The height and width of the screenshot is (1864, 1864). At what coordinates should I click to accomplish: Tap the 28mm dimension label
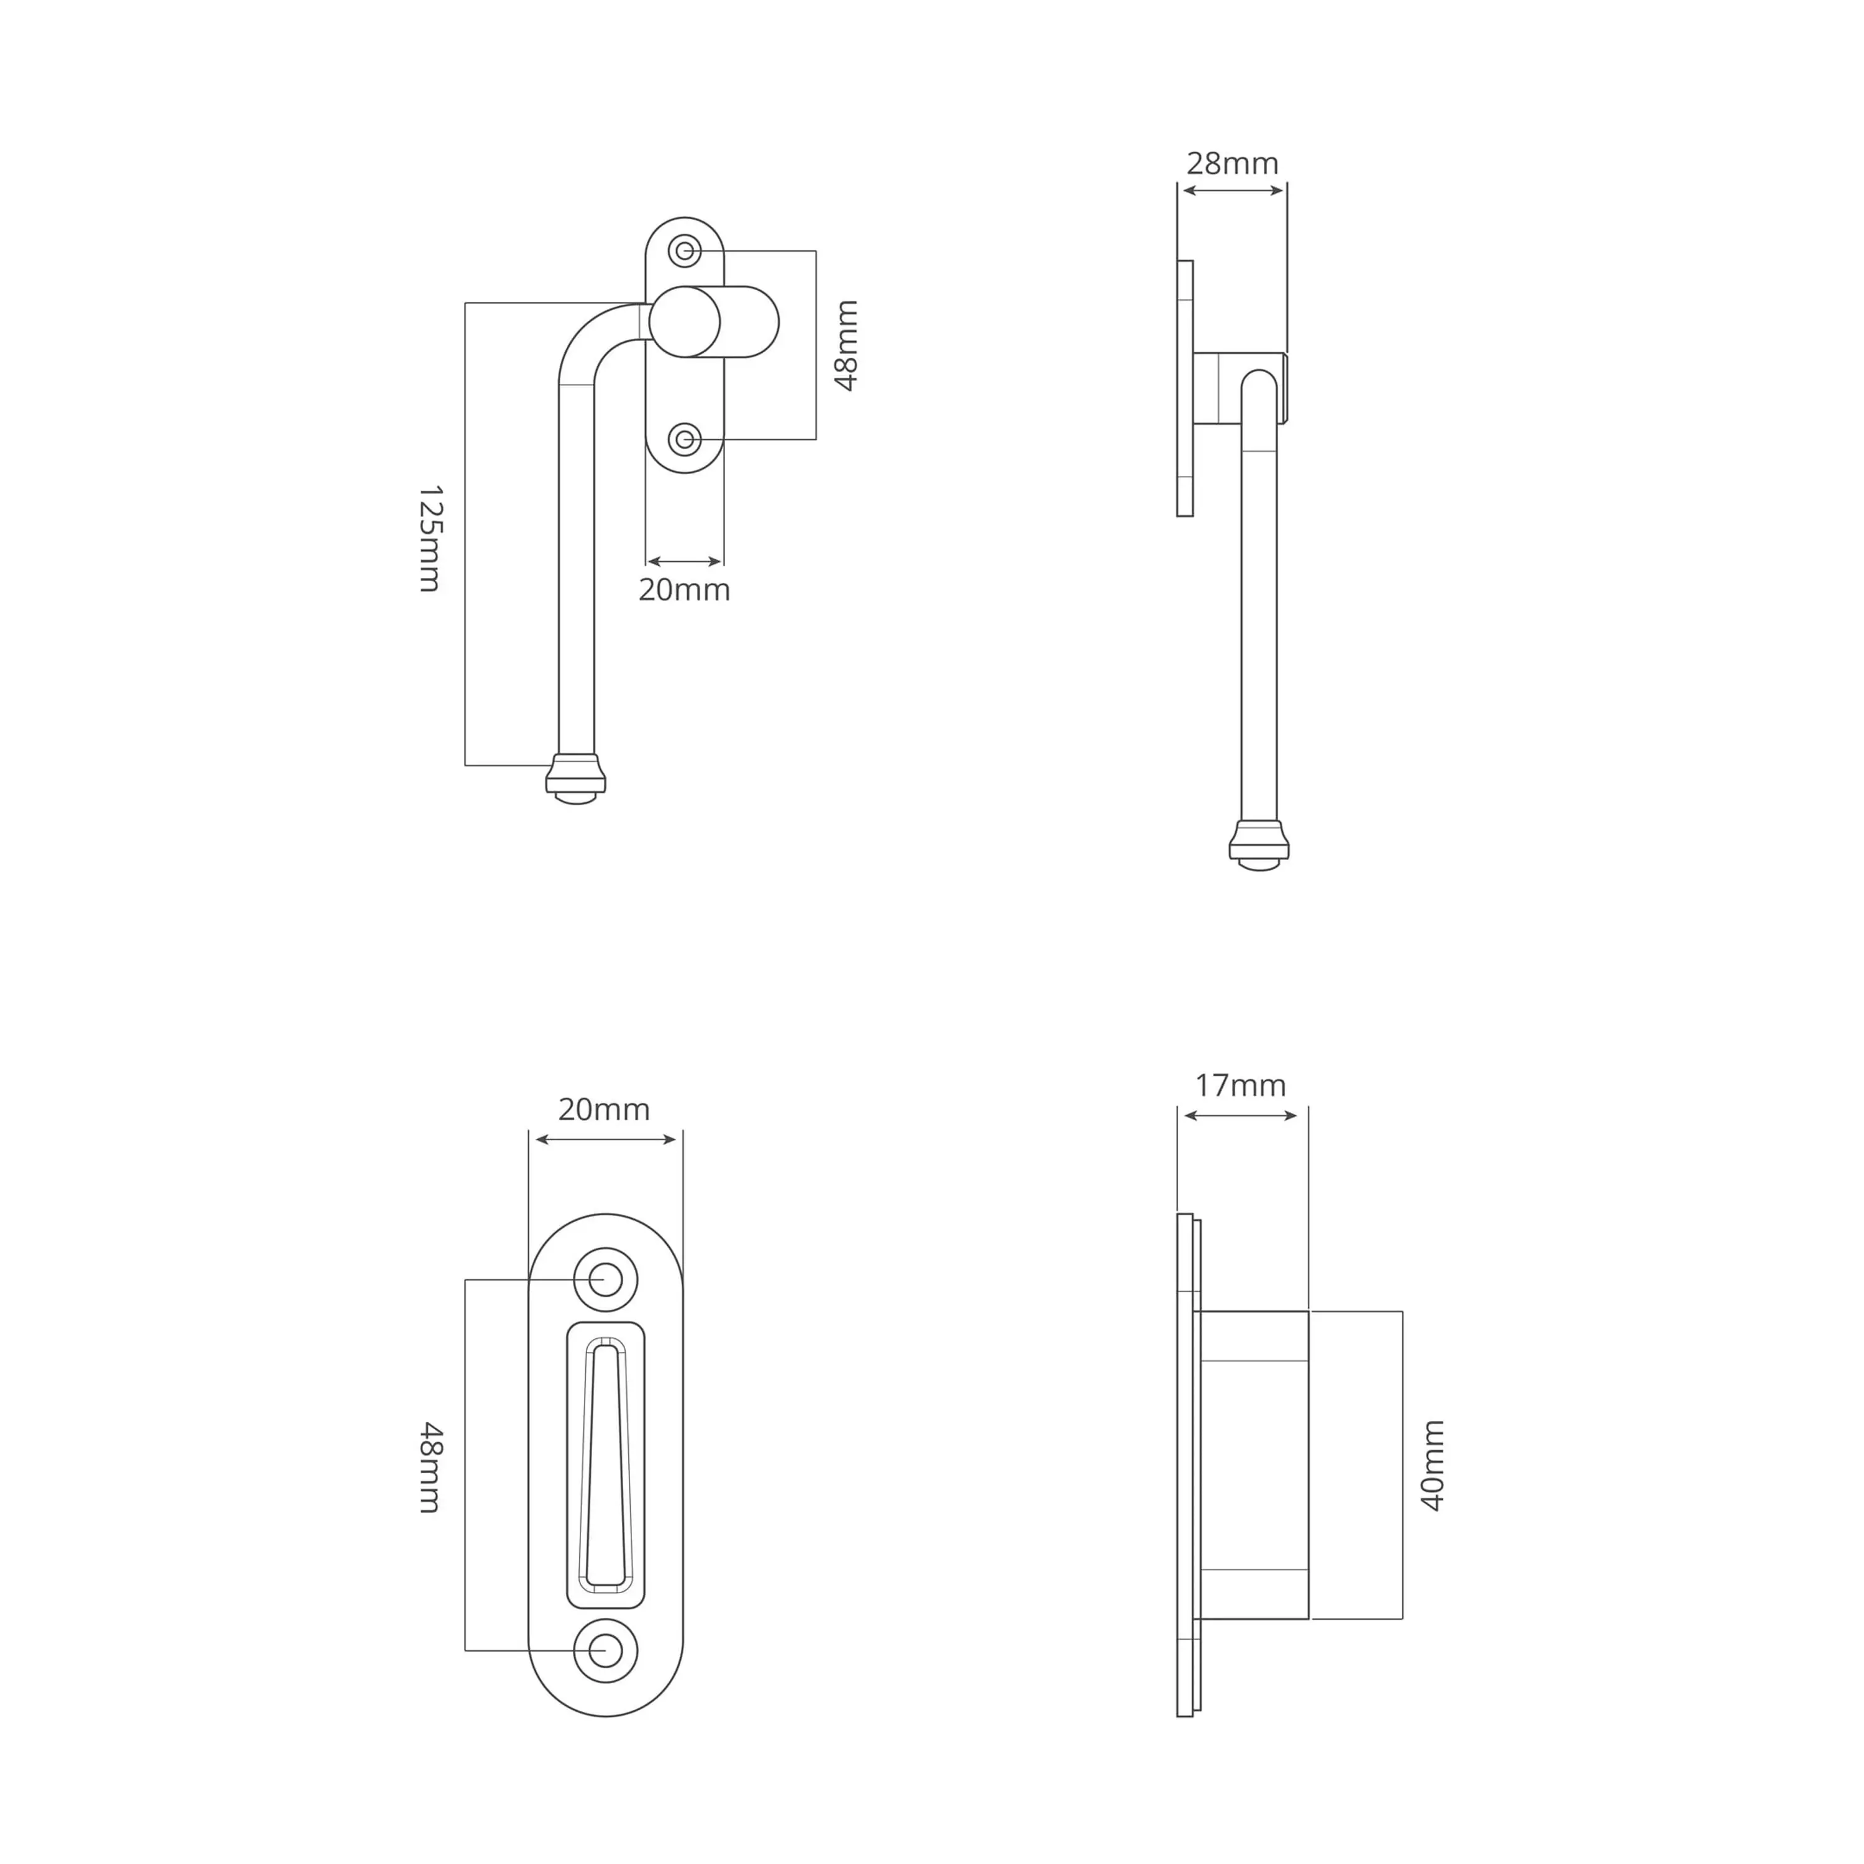(x=1232, y=164)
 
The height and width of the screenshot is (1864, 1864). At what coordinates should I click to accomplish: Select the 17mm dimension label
(x=1241, y=1086)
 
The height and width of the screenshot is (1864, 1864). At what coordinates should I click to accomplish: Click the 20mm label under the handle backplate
(x=684, y=590)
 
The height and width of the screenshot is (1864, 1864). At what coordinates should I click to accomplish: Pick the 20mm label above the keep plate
(x=604, y=1110)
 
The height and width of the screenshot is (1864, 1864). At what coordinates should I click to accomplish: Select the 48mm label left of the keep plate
(x=431, y=1466)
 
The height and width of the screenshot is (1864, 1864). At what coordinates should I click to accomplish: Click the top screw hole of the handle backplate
(x=685, y=252)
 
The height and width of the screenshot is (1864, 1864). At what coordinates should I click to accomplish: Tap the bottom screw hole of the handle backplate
(x=685, y=440)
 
